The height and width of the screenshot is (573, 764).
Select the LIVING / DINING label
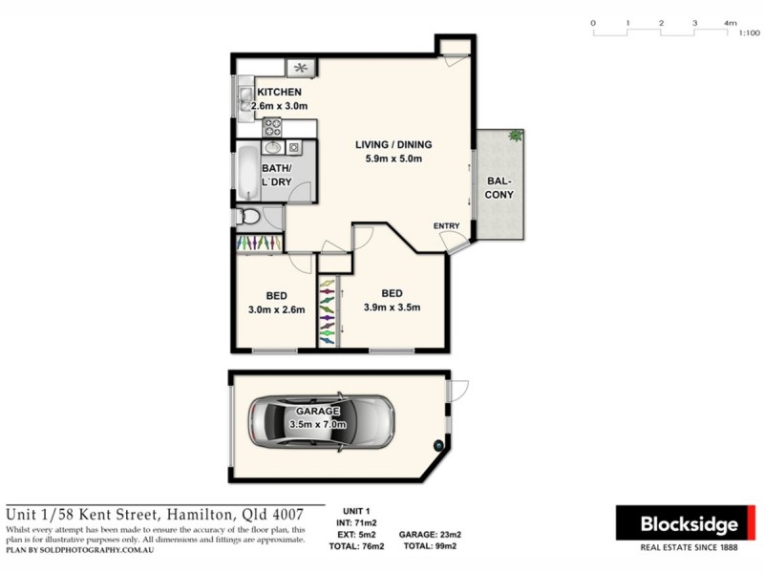click(393, 145)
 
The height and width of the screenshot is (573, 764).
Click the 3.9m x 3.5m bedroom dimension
click(392, 308)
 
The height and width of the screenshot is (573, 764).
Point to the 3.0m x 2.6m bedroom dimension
click(276, 310)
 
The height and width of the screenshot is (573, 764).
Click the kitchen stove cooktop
click(272, 126)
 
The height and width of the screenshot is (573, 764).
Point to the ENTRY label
click(446, 226)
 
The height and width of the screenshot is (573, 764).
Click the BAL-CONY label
click(499, 186)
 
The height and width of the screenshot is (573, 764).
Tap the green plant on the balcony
click(516, 135)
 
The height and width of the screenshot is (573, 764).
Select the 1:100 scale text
click(750, 32)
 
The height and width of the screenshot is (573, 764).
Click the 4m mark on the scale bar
click(730, 22)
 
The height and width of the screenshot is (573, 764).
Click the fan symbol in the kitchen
click(302, 67)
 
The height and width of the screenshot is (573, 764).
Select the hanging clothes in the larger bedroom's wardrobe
click(328, 310)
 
